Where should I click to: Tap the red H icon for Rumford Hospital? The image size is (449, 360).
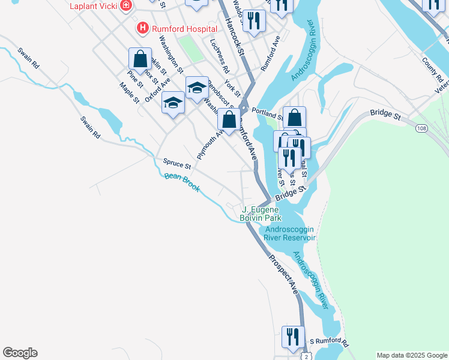[x=142, y=28]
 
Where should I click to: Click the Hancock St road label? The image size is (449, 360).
[x=236, y=37]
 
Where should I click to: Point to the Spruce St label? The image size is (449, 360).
[x=176, y=163]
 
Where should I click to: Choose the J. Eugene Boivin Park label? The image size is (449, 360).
[x=260, y=214]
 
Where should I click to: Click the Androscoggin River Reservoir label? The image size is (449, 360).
[x=289, y=233]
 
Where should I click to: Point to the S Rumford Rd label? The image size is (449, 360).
[x=329, y=343]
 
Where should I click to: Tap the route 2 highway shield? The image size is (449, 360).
[x=307, y=356]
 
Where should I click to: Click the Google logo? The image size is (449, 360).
[x=20, y=353]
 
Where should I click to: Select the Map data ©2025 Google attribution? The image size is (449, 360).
[x=411, y=355]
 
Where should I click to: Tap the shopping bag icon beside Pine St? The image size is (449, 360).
[x=140, y=59]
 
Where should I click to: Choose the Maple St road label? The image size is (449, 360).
[x=129, y=92]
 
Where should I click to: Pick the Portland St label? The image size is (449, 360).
[x=267, y=112]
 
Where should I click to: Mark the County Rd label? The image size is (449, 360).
[x=432, y=70]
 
